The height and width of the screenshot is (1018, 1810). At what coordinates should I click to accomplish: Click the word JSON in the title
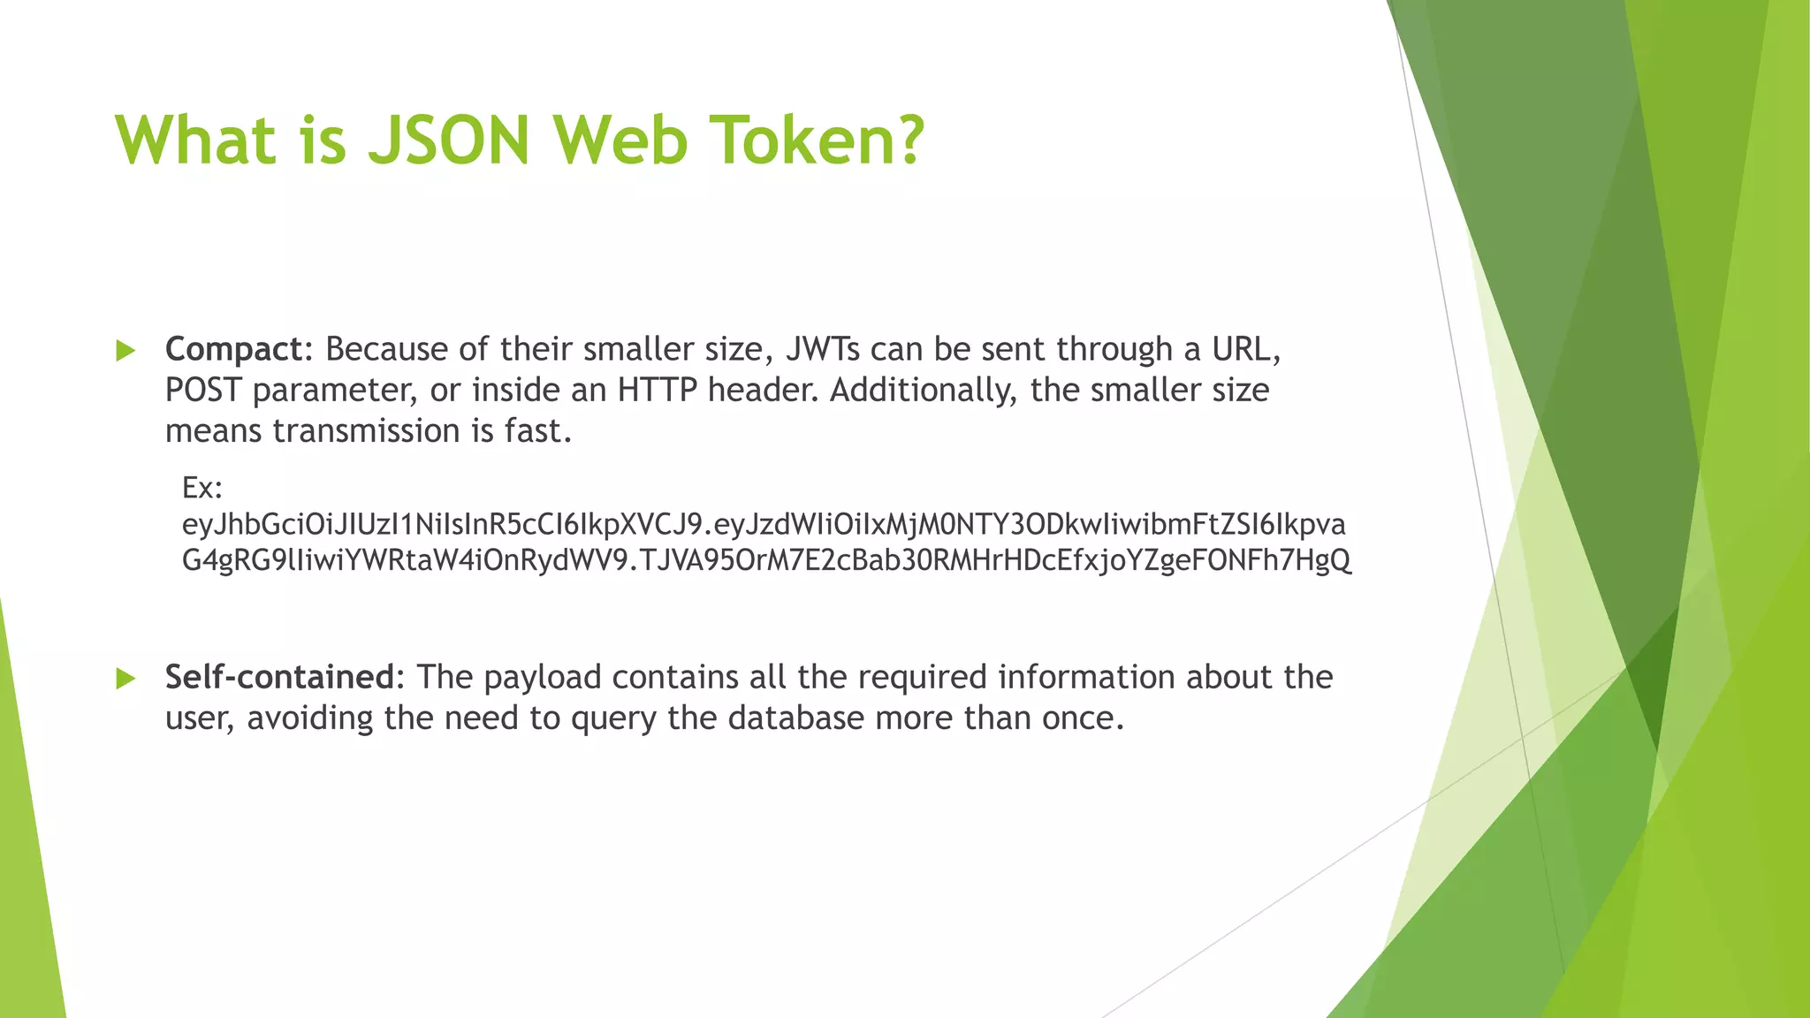tap(448, 141)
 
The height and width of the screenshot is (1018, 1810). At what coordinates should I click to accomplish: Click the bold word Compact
tap(234, 350)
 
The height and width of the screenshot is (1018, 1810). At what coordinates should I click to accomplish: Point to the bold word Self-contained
tap(279, 677)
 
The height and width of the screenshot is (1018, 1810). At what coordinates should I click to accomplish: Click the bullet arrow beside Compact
tap(125, 351)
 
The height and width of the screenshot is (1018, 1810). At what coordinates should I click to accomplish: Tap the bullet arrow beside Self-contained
tap(125, 679)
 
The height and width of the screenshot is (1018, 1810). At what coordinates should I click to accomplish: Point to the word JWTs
tap(822, 350)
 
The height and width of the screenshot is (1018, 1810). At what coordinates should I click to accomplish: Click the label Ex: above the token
tap(202, 487)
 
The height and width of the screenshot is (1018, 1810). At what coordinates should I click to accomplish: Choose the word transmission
tap(366, 431)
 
